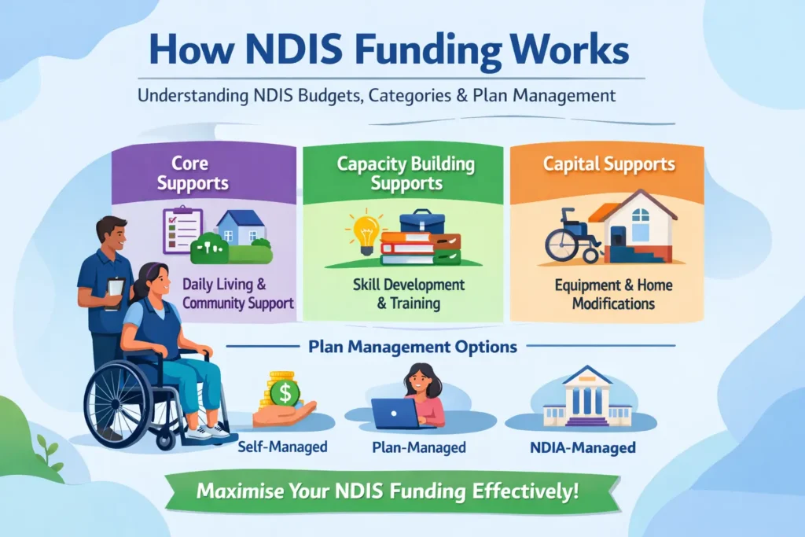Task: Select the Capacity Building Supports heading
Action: pyautogui.click(x=406, y=174)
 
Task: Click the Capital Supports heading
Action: pyautogui.click(x=609, y=165)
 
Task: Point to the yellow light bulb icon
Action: pyautogui.click(x=366, y=234)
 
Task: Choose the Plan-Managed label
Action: pyautogui.click(x=418, y=447)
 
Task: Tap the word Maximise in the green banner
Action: pyautogui.click(x=240, y=492)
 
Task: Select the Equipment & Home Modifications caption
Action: pyautogui.click(x=613, y=294)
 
